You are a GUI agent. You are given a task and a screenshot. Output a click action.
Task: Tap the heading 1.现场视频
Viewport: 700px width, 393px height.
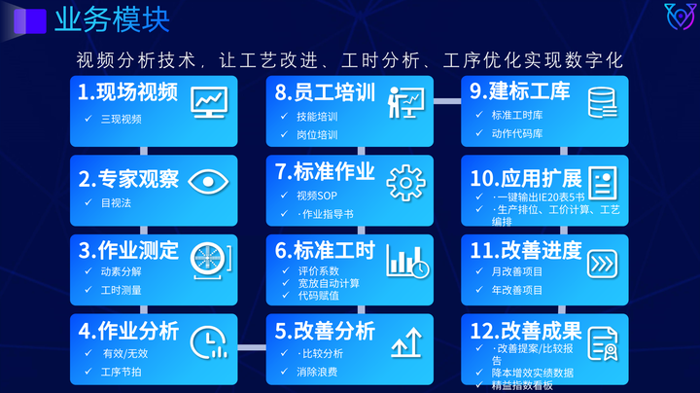pyautogui.click(x=128, y=93)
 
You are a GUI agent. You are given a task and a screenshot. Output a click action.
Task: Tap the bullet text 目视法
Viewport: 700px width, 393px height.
pyautogui.click(x=116, y=203)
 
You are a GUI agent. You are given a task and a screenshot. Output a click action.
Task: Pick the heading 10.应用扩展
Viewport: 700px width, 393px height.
pyautogui.click(x=525, y=178)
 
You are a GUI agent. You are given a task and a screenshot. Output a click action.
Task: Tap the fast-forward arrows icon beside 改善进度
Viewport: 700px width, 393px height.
pyautogui.click(x=602, y=263)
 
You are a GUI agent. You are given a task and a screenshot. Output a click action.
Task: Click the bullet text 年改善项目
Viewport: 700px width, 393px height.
pyautogui.click(x=517, y=290)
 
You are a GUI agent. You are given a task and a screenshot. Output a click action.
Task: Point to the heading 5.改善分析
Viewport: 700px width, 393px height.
pyautogui.click(x=325, y=331)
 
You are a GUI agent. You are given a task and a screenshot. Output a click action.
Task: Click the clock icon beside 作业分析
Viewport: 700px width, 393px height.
pyautogui.click(x=206, y=340)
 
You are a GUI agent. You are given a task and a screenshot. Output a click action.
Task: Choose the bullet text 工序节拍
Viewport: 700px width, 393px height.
pyautogui.click(x=122, y=372)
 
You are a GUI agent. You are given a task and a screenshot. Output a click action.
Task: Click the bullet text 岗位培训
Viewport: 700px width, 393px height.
pyautogui.click(x=317, y=134)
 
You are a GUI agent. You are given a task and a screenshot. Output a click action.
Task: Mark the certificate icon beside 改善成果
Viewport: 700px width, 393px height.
pyautogui.click(x=602, y=343)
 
